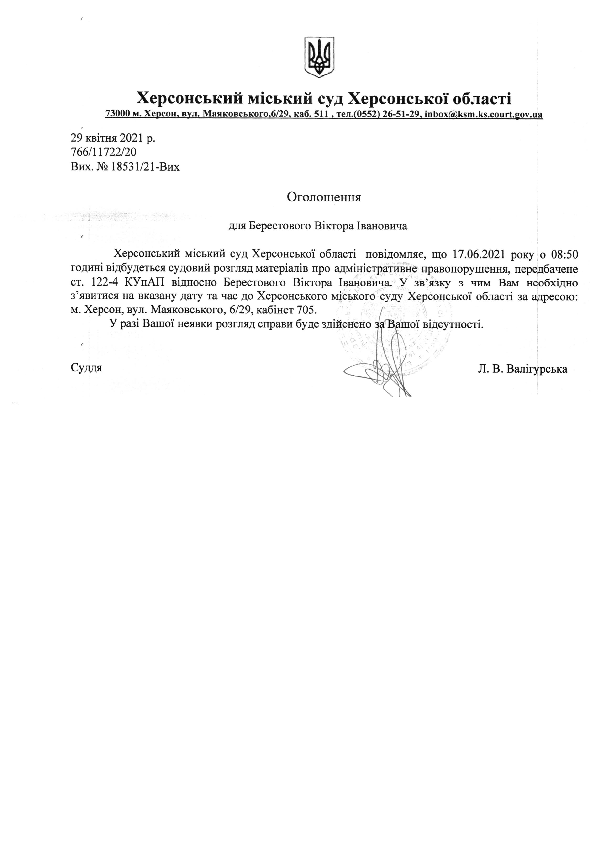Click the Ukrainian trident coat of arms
[319, 57]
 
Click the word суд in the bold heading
[330, 99]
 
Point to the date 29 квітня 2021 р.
[113, 138]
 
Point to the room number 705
[306, 310]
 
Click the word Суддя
[86, 368]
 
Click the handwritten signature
[381, 369]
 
